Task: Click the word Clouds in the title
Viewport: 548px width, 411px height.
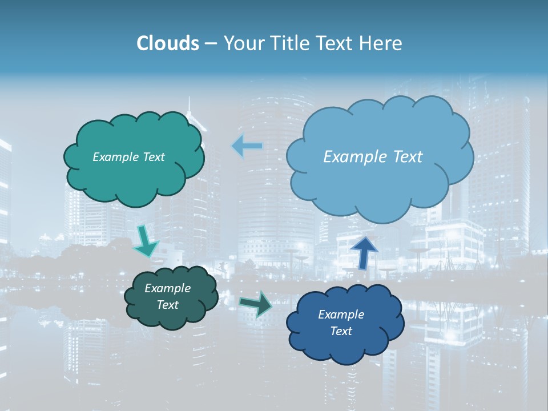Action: [168, 43]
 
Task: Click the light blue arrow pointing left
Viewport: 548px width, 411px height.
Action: [247, 146]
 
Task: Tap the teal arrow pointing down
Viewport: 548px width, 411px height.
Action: [146, 241]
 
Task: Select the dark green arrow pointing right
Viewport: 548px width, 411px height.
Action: [256, 304]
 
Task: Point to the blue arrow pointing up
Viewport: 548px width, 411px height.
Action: [364, 252]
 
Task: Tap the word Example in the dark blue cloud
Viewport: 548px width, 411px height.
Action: [341, 315]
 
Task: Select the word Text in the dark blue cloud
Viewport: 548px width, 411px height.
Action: [341, 331]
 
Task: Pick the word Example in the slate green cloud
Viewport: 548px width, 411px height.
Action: [167, 288]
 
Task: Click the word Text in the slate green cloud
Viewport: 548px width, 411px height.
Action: [167, 305]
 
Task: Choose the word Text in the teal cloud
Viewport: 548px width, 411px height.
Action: [152, 157]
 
